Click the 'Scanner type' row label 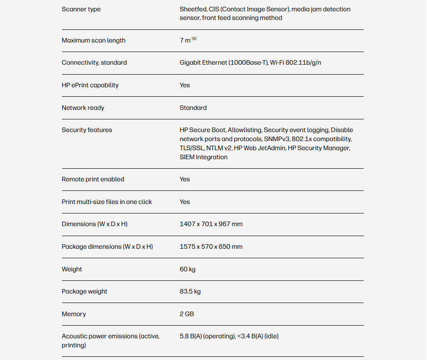pyautogui.click(x=81, y=9)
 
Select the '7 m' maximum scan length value pyautogui.click(x=185, y=41)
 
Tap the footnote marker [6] pyautogui.click(x=194, y=39)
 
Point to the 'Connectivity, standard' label pyautogui.click(x=94, y=63)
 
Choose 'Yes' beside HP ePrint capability pyautogui.click(x=185, y=85)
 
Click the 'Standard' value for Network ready pyautogui.click(x=193, y=108)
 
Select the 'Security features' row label pyautogui.click(x=87, y=130)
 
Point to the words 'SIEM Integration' pyautogui.click(x=204, y=157)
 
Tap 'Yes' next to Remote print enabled pyautogui.click(x=185, y=180)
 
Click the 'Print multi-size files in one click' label pyautogui.click(x=107, y=202)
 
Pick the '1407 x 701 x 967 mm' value pyautogui.click(x=211, y=224)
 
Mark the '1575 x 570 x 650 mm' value pyautogui.click(x=211, y=247)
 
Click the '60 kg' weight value pyautogui.click(x=187, y=270)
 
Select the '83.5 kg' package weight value pyautogui.click(x=190, y=292)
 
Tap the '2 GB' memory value pyautogui.click(x=187, y=314)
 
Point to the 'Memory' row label pyautogui.click(x=74, y=314)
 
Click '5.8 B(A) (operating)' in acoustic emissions pyautogui.click(x=207, y=336)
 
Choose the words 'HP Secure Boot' pyautogui.click(x=202, y=130)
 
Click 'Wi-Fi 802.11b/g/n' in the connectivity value pyautogui.click(x=295, y=63)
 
